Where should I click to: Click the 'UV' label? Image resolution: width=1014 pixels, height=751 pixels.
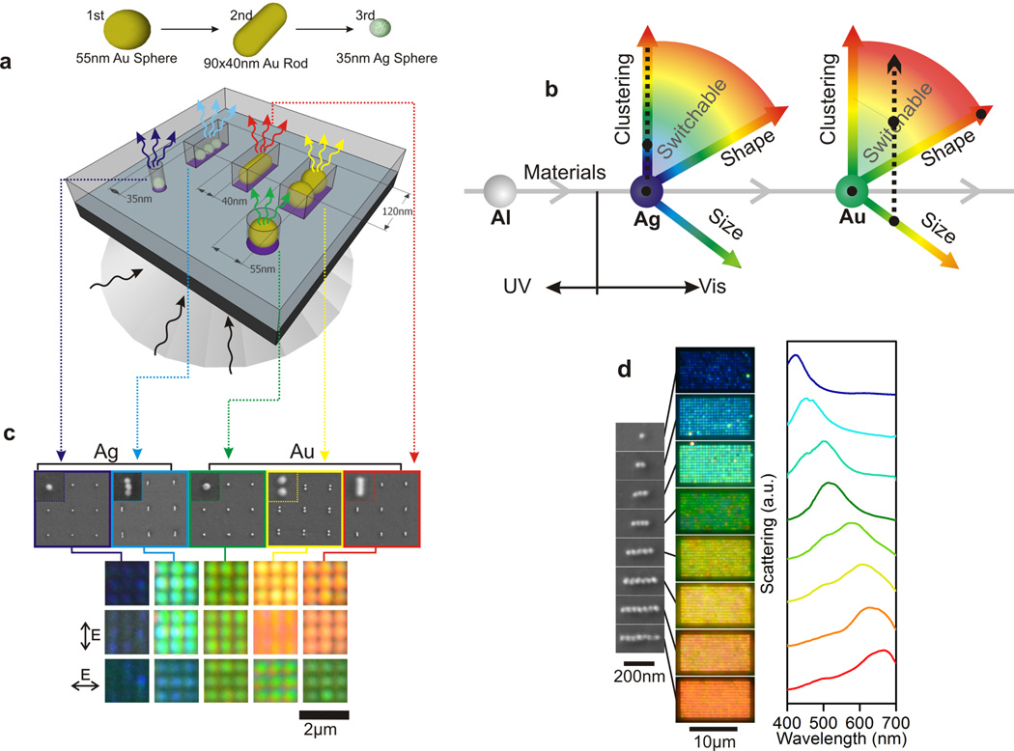pos(521,288)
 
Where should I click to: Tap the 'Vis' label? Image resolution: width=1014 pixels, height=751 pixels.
pos(712,288)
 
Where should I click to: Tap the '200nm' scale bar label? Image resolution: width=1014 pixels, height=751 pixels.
pos(638,678)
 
